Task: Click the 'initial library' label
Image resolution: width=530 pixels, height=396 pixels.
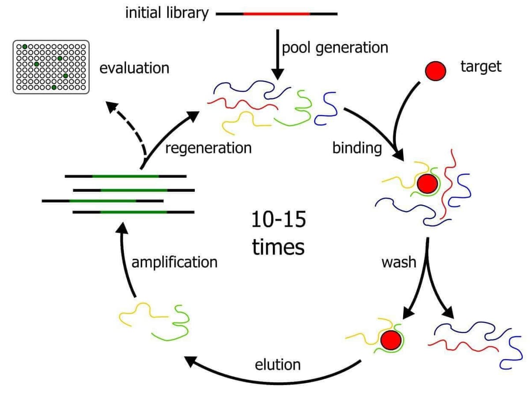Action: [167, 13]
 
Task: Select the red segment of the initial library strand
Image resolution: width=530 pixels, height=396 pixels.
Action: [276, 14]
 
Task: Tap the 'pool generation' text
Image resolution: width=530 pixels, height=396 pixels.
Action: [335, 47]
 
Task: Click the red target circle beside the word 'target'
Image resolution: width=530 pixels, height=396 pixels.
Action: [435, 72]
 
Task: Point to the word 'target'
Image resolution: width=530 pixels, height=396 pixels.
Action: [481, 67]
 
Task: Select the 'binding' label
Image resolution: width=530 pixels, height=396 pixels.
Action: [357, 148]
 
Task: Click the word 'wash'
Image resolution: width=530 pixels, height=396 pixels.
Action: [398, 262]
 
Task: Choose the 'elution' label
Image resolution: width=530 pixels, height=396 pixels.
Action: [278, 364]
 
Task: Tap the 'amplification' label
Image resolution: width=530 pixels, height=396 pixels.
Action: [174, 262]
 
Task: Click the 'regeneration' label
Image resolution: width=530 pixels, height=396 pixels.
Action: [208, 147]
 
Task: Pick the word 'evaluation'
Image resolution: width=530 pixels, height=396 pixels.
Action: [134, 68]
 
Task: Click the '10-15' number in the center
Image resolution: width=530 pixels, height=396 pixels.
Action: [278, 220]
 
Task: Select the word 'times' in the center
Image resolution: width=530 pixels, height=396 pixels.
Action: [278, 247]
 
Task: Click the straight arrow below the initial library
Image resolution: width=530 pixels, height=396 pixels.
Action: [277, 53]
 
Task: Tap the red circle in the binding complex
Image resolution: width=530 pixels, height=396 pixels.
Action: [427, 183]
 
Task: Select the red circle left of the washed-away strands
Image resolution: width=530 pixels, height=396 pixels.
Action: [390, 339]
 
